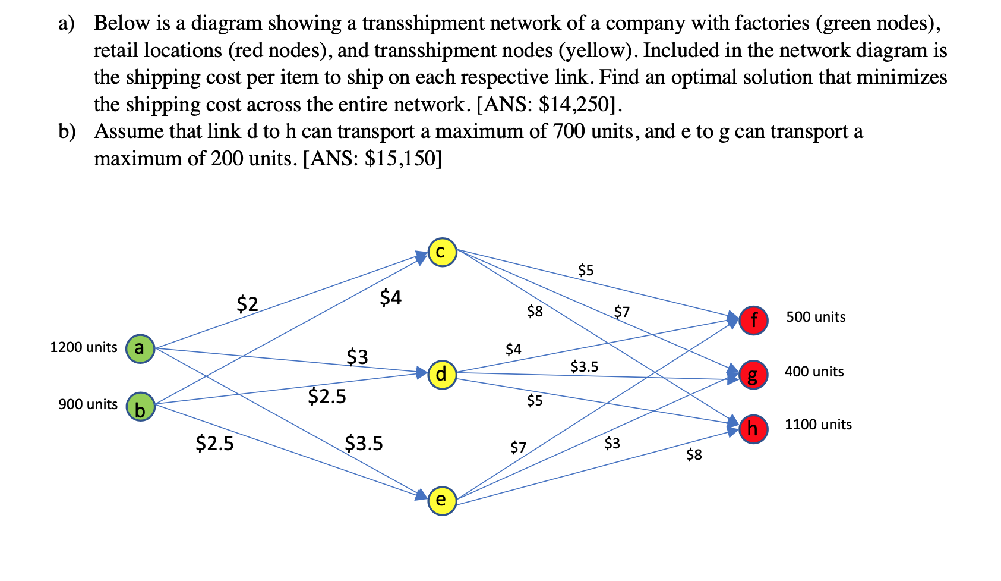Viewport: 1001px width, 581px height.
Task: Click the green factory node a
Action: pyautogui.click(x=140, y=348)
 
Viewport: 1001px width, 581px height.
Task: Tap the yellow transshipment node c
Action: pyautogui.click(x=442, y=252)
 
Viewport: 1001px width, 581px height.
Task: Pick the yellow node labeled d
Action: pyautogui.click(x=442, y=375)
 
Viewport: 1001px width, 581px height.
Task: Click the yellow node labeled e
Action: pyautogui.click(x=442, y=500)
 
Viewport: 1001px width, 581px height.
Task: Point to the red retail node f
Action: pyautogui.click(x=753, y=320)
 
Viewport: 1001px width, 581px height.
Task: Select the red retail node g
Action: pyautogui.click(x=753, y=375)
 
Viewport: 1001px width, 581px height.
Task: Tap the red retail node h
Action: pyautogui.click(x=753, y=428)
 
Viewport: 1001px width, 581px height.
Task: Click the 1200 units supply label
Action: pyautogui.click(x=84, y=347)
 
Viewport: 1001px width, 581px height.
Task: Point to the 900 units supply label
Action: pyautogui.click(x=88, y=404)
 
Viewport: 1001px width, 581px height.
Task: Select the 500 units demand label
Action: pyautogui.click(x=816, y=317)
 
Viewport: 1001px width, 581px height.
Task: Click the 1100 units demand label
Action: pyautogui.click(x=818, y=425)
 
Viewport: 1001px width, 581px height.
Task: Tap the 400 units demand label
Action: pyautogui.click(x=814, y=372)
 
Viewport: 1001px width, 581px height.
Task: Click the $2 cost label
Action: pyautogui.click(x=247, y=304)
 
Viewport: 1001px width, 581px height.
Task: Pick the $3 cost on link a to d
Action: pyautogui.click(x=358, y=357)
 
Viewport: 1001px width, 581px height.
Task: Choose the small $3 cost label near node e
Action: pyautogui.click(x=612, y=443)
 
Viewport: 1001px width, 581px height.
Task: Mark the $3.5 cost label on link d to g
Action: pyautogui.click(x=585, y=366)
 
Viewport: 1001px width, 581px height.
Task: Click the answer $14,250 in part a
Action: pyautogui.click(x=575, y=105)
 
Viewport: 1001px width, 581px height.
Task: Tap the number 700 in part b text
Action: pyautogui.click(x=569, y=131)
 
